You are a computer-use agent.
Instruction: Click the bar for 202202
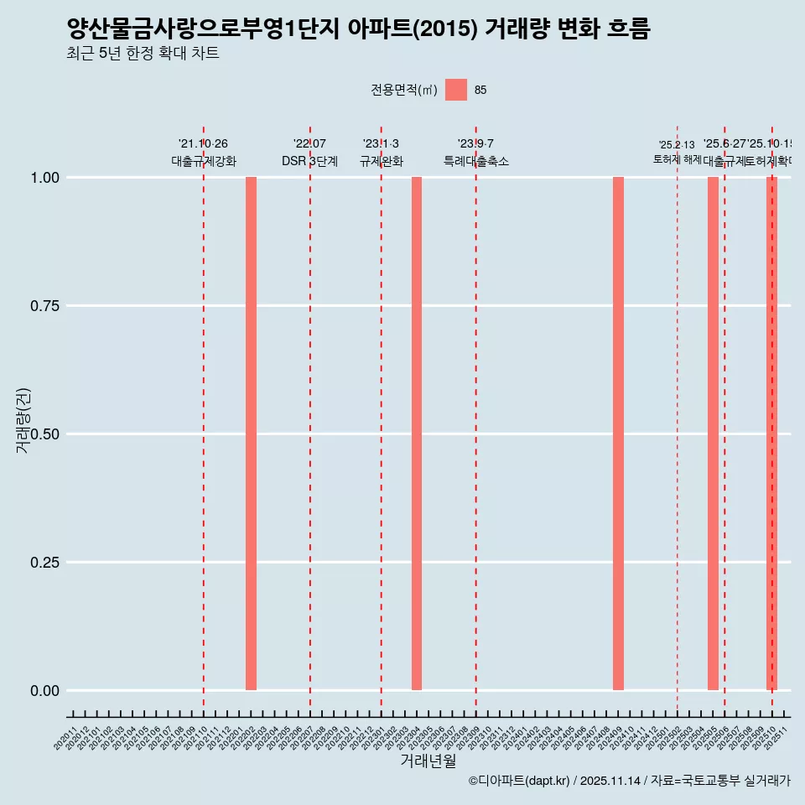[x=251, y=434]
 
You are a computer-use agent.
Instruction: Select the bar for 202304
[x=417, y=434]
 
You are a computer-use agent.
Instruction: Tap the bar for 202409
[x=618, y=434]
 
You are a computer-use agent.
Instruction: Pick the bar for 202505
[x=713, y=434]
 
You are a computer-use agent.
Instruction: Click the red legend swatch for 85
[x=456, y=90]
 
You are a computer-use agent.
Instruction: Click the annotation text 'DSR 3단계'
[x=309, y=161]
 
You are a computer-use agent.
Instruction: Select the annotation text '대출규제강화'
[x=204, y=161]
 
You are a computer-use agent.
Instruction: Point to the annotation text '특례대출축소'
[x=476, y=161]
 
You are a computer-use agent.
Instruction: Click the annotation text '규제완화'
[x=382, y=161]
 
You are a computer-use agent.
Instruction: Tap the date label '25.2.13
[x=677, y=145]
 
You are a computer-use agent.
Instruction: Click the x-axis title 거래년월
[x=428, y=761]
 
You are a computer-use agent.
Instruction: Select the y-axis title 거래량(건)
[x=23, y=421]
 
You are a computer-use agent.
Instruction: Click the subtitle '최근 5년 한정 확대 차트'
[x=143, y=54]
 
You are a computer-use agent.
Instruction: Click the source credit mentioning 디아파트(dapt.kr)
[x=629, y=781]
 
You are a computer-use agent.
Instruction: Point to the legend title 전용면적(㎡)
[x=403, y=90]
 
